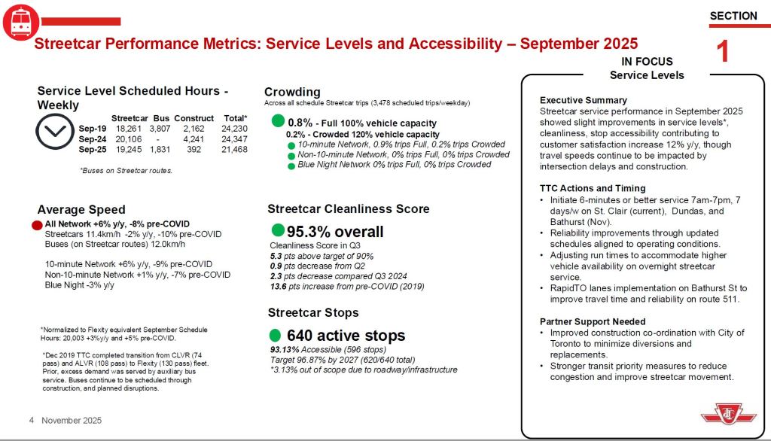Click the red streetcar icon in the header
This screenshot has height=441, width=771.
[20, 22]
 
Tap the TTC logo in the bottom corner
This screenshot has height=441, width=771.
[728, 414]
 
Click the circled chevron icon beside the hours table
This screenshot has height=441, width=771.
[55, 131]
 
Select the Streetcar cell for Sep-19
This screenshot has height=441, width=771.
[128, 129]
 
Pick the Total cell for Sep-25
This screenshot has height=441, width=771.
[234, 150]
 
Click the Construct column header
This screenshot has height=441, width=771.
[194, 118]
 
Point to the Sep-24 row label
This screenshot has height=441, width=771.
[93, 139]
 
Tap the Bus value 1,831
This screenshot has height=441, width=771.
[160, 150]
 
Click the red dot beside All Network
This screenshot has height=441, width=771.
[37, 225]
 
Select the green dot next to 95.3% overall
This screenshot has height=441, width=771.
[278, 230]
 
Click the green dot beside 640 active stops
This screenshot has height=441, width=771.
[276, 336]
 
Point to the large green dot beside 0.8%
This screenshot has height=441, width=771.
[279, 120]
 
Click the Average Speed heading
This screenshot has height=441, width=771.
[81, 210]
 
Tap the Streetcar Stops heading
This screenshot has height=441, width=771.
[313, 312]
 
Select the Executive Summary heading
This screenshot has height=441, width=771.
[584, 100]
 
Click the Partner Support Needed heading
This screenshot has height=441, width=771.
[593, 321]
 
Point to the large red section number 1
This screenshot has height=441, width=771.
[722, 51]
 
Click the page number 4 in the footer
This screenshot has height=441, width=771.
[32, 421]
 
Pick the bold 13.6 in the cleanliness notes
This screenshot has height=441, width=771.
[279, 286]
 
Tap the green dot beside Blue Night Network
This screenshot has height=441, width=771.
[291, 166]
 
